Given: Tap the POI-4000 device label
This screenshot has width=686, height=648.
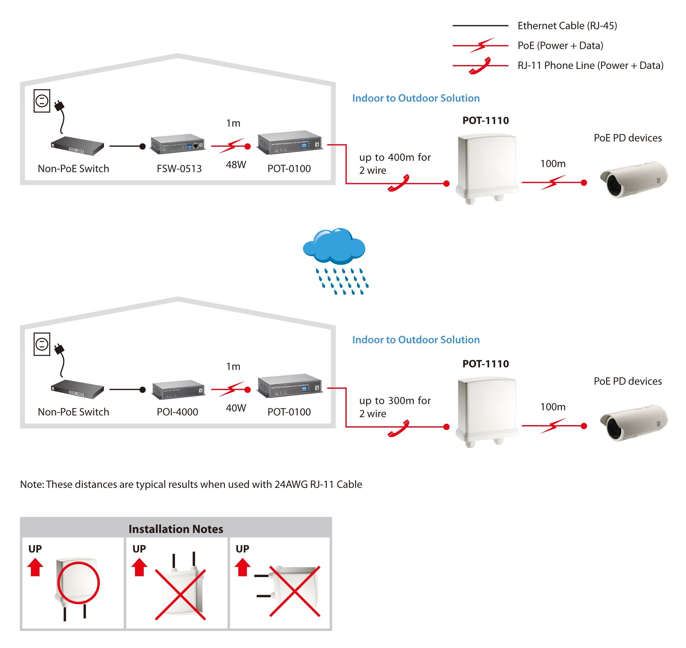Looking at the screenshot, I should click(x=177, y=412).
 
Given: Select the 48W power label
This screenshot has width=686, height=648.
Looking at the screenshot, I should click(x=236, y=165).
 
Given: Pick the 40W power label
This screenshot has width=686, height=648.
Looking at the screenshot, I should click(x=236, y=408).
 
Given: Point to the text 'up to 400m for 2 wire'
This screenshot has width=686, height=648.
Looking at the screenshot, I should click(x=395, y=164).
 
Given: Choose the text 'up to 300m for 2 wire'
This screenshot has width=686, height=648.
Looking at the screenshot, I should click(x=395, y=407).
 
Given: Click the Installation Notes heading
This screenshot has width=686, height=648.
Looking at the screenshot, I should click(x=176, y=529).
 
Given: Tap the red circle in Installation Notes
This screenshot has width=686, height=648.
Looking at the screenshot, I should click(x=78, y=583).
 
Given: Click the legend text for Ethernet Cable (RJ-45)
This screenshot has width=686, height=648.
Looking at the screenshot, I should click(x=567, y=25).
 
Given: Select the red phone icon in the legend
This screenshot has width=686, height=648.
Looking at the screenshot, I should click(x=480, y=66).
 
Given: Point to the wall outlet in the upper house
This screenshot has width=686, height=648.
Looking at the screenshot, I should click(x=42, y=101).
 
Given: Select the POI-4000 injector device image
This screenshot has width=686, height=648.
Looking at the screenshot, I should click(x=178, y=389).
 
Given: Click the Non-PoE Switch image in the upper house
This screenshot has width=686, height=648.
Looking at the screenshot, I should click(x=77, y=145).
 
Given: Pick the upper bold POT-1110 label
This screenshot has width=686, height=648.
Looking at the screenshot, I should click(x=485, y=121).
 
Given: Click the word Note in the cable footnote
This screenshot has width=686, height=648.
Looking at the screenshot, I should click(x=32, y=484).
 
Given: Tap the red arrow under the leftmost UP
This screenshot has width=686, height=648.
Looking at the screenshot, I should click(x=35, y=568).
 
